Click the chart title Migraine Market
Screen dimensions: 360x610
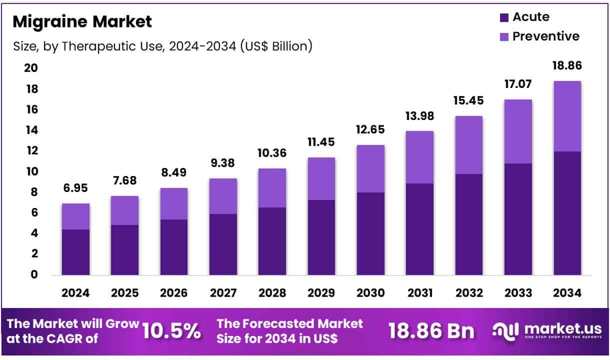point(82,22)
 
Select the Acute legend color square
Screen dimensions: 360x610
point(504,17)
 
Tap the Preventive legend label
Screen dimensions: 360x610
point(546,36)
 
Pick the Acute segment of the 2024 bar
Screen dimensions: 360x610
point(75,252)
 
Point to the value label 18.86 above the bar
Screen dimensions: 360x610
point(567,66)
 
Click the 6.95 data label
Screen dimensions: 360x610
point(75,189)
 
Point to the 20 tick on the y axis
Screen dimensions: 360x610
point(30,68)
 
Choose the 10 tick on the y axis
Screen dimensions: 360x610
point(30,171)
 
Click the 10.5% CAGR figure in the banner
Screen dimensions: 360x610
point(172,331)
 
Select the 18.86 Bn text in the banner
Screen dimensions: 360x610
point(431,331)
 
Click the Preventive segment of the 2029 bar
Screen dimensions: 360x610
point(321,178)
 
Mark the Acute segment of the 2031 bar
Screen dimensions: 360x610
point(419,229)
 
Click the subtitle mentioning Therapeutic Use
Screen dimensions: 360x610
point(162,46)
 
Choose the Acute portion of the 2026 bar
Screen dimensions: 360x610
point(173,247)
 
